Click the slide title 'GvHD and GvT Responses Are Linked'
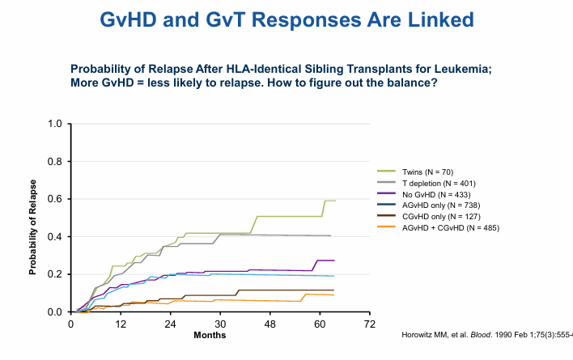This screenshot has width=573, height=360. [x=286, y=21]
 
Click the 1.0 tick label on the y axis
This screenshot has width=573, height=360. [x=54, y=124]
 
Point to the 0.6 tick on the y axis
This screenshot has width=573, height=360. [x=54, y=199]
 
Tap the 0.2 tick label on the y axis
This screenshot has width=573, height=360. [x=54, y=274]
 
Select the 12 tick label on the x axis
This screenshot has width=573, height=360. [x=121, y=324]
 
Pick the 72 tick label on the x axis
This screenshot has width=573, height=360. [x=370, y=324]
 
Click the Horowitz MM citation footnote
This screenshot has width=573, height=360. [x=486, y=335]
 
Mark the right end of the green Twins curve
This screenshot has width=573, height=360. [x=335, y=201]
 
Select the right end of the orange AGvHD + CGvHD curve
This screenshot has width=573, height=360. [x=334, y=294]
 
